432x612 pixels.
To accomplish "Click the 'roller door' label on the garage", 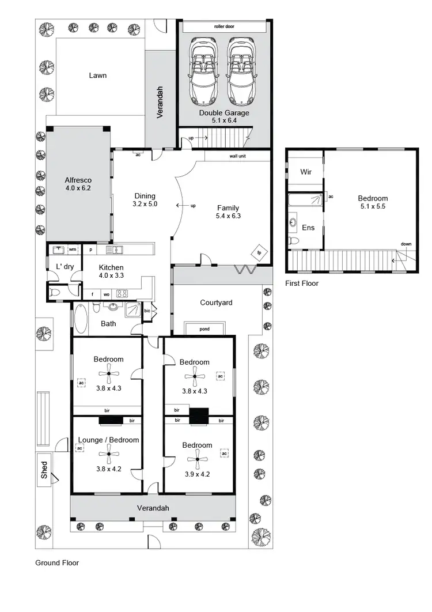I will [x=224, y=27].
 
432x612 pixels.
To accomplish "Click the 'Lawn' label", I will [x=97, y=75].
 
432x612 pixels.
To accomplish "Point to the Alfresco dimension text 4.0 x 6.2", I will [x=78, y=187].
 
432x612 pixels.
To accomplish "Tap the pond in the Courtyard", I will [x=204, y=329].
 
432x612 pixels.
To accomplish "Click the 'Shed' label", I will [x=44, y=470].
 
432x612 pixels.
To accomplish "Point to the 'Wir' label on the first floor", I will [x=306, y=172].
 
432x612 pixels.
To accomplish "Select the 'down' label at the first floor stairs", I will [x=406, y=244].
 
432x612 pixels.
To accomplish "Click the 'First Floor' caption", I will [x=302, y=284].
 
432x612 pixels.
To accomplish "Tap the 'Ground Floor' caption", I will [x=57, y=563].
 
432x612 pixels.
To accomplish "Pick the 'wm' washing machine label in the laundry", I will [x=73, y=250].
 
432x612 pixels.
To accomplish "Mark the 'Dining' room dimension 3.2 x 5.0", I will [x=145, y=203].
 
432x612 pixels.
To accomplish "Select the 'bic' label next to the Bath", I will [x=147, y=311].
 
